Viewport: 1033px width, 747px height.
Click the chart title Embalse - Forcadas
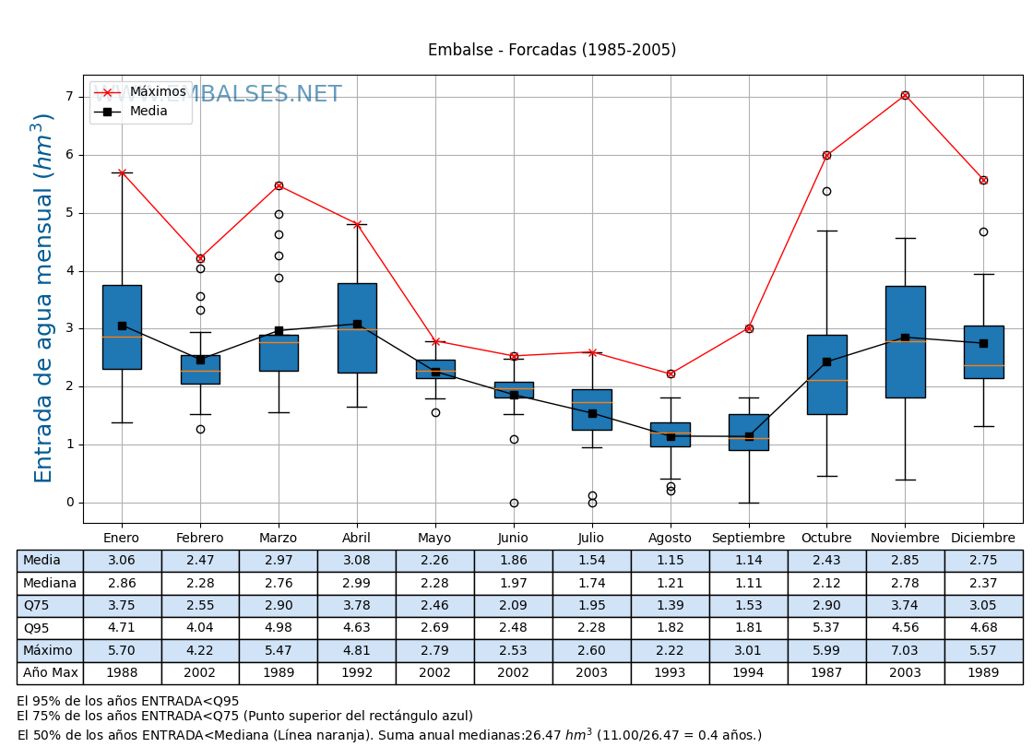pos(552,50)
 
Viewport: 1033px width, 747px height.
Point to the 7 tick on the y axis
pos(69,97)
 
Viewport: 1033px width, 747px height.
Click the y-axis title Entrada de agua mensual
pos(44,298)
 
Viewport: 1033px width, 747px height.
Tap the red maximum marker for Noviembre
pos(905,95)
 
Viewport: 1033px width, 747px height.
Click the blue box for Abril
pos(357,327)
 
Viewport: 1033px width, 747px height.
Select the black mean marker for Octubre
pos(826,362)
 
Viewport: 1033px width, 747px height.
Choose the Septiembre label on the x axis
pos(748,538)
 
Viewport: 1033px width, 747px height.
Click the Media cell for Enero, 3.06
pos(122,561)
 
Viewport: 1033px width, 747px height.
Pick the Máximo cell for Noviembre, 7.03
pos(905,650)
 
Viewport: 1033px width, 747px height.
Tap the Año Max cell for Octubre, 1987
pos(826,673)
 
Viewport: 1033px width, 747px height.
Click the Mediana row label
pos(50,583)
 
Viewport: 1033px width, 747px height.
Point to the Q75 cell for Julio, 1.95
pos(591,605)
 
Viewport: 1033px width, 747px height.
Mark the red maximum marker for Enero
pos(122,172)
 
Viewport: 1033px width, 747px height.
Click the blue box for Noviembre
pos(905,341)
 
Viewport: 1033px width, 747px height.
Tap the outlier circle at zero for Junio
pos(514,503)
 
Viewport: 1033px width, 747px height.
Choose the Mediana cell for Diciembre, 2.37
pos(983,583)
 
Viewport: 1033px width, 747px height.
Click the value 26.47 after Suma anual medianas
pos(543,736)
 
